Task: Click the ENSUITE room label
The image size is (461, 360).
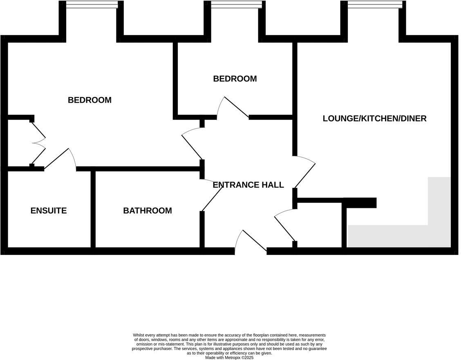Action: click(x=48, y=211)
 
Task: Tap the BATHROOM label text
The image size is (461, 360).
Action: click(x=147, y=211)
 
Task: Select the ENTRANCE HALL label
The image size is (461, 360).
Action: click(x=248, y=185)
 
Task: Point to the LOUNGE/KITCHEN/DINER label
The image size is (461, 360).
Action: click(x=374, y=119)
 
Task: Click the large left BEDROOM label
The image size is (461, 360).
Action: click(x=90, y=100)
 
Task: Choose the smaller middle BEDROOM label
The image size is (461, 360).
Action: click(x=235, y=79)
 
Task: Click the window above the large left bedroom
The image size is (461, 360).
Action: click(x=92, y=4)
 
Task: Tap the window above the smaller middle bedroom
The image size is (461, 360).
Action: click(x=236, y=4)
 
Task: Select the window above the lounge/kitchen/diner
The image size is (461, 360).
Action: click(x=374, y=4)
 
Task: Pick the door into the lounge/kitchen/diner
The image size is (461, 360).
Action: click(x=304, y=172)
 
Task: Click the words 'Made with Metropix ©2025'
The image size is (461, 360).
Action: click(x=229, y=358)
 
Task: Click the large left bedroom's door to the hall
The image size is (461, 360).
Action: click(x=192, y=143)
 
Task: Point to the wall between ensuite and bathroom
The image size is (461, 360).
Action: click(x=93, y=209)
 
